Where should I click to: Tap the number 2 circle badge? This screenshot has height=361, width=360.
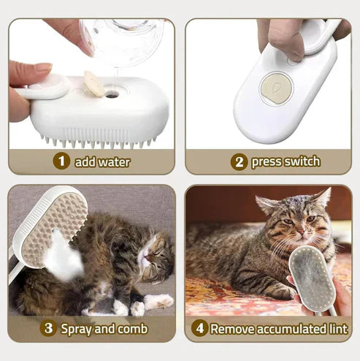click(x=239, y=161)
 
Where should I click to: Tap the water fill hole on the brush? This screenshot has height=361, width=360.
click(x=112, y=94)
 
